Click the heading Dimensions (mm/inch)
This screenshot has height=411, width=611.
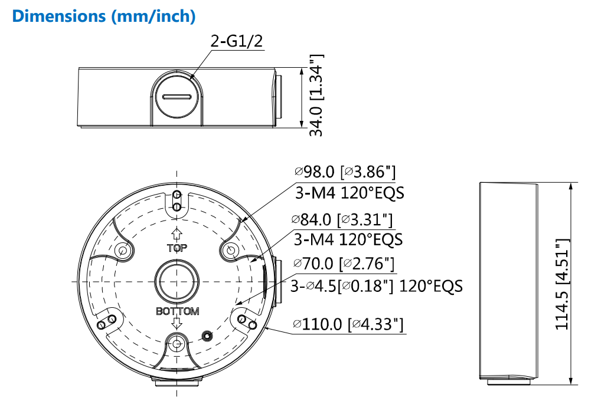tap(103, 16)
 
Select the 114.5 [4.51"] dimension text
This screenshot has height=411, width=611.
tap(563, 284)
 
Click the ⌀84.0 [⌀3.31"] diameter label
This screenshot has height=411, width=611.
tap(342, 219)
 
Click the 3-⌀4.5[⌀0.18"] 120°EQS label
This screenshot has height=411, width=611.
tap(377, 286)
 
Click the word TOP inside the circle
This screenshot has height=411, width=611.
tap(177, 248)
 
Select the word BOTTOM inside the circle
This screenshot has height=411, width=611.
tap(177, 311)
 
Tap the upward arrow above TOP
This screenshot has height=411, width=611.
tap(176, 234)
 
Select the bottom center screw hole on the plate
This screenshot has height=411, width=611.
tap(177, 343)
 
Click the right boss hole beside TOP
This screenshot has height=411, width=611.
tap(230, 251)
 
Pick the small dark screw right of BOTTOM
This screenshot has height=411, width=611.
tap(207, 336)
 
